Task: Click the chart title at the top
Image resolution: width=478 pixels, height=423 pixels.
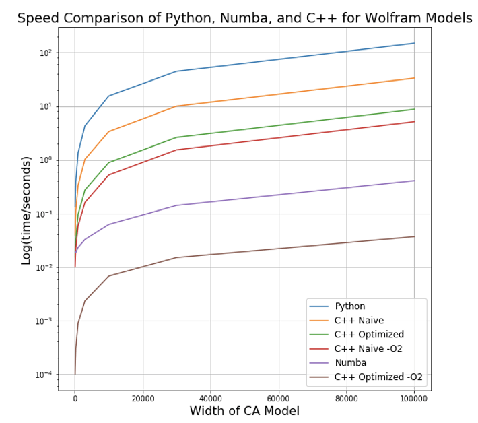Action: click(x=244, y=18)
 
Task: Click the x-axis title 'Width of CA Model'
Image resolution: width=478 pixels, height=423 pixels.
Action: click(x=244, y=411)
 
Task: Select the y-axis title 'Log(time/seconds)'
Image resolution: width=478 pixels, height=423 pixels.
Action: click(x=26, y=210)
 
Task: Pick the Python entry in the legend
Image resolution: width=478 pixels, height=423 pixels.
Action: click(x=349, y=306)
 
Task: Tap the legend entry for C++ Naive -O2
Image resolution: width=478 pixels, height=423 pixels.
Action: click(x=368, y=349)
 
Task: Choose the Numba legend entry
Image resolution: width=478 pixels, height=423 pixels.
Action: click(x=350, y=363)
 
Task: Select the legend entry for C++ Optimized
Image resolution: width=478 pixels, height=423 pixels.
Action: click(x=369, y=335)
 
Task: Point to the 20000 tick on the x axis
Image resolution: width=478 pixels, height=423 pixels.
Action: click(x=143, y=398)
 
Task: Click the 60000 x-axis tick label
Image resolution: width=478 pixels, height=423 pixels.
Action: click(x=279, y=398)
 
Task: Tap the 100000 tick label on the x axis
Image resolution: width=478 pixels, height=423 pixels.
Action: click(x=414, y=398)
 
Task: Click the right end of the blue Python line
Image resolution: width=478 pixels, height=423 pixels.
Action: click(x=414, y=43)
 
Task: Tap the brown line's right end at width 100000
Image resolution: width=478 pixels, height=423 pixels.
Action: click(x=414, y=236)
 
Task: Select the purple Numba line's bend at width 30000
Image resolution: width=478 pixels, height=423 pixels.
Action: click(x=176, y=205)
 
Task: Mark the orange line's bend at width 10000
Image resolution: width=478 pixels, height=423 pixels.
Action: click(x=108, y=131)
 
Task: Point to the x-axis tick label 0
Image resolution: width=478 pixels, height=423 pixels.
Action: click(x=75, y=398)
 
